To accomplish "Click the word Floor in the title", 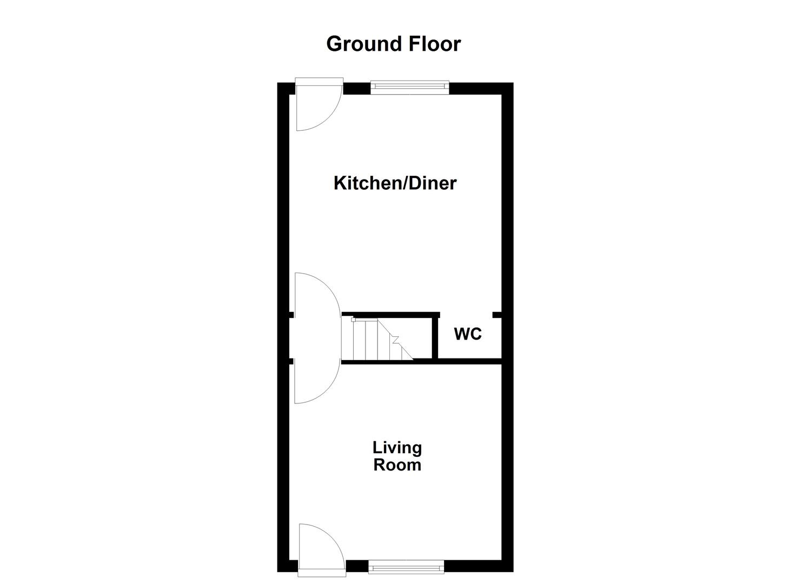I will [434, 44].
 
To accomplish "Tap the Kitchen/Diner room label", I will [395, 183].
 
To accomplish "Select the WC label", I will [468, 334].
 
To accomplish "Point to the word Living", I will [397, 448].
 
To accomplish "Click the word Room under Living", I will [397, 465].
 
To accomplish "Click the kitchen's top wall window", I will [409, 87].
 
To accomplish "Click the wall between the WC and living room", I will [468, 361].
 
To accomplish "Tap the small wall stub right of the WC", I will [496, 314].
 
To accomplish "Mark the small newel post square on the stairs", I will [354, 320].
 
